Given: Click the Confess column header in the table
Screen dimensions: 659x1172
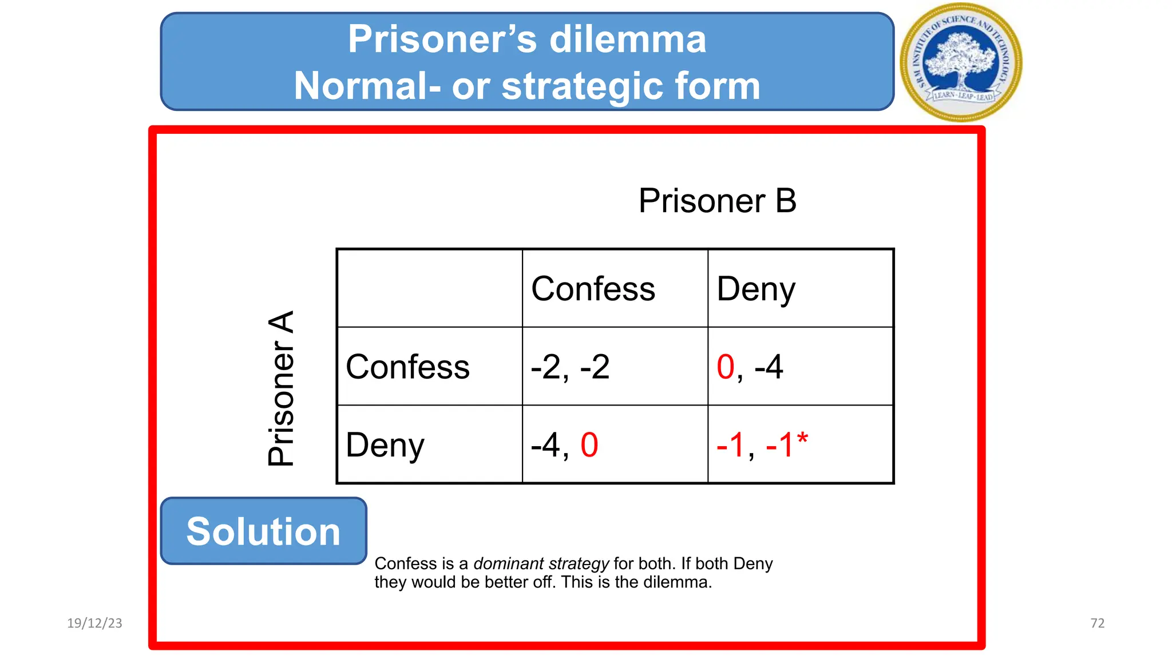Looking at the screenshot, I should click(593, 289).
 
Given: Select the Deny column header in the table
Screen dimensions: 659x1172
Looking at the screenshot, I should click(755, 289).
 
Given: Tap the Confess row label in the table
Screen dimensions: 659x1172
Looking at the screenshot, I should click(407, 367).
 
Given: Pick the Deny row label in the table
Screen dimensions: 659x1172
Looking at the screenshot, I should click(385, 445).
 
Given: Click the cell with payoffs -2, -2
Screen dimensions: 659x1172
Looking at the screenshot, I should click(570, 367).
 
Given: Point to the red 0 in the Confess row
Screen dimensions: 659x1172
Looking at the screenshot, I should click(726, 367).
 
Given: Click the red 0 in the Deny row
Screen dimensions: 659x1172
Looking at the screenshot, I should click(589, 445).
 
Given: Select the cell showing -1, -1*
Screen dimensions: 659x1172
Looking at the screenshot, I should click(761, 445).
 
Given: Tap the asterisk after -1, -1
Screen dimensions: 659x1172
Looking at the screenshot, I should click(802, 439).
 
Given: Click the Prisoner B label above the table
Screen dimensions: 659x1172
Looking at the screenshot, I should click(717, 201).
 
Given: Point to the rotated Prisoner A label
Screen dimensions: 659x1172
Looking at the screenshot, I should click(281, 388).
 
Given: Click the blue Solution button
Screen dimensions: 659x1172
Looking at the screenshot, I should click(263, 531).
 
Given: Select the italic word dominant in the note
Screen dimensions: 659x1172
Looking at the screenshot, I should click(508, 563).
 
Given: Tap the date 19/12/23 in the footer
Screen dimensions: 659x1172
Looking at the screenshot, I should click(94, 623).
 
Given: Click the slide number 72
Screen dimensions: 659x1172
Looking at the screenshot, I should click(1097, 623).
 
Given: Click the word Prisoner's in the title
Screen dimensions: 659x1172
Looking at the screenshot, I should click(442, 39).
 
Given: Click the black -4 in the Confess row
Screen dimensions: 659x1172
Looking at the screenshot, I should click(769, 367).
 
